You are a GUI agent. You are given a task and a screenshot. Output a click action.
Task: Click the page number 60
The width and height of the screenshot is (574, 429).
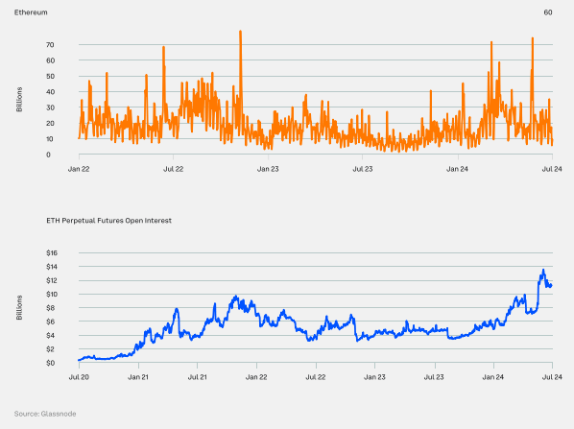[547, 12]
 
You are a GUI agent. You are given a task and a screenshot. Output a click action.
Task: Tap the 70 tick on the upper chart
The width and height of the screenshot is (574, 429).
[48, 45]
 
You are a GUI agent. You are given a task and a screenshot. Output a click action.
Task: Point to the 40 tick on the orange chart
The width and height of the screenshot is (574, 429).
[48, 92]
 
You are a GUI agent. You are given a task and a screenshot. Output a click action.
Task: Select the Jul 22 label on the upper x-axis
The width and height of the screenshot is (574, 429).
[174, 169]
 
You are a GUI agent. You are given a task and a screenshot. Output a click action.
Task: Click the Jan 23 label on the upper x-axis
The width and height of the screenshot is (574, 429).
[268, 169]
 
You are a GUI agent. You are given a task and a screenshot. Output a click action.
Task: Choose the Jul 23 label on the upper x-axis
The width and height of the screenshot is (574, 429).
[363, 169]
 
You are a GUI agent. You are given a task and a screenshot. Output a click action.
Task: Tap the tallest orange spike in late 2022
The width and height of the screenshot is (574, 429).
[240, 32]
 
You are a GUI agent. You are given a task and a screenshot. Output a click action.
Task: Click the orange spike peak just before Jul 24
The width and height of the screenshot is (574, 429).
[533, 38]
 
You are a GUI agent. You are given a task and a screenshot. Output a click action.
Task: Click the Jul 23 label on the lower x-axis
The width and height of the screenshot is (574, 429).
[434, 378]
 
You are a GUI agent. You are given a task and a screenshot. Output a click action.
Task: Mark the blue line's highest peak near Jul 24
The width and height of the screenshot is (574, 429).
[543, 270]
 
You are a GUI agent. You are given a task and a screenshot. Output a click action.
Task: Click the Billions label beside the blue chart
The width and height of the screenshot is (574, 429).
[20, 308]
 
